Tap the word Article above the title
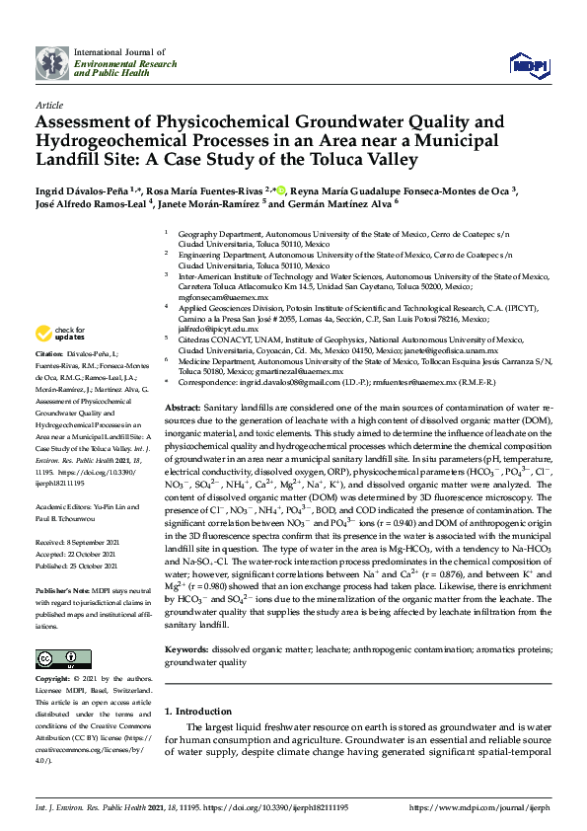point(48,104)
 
